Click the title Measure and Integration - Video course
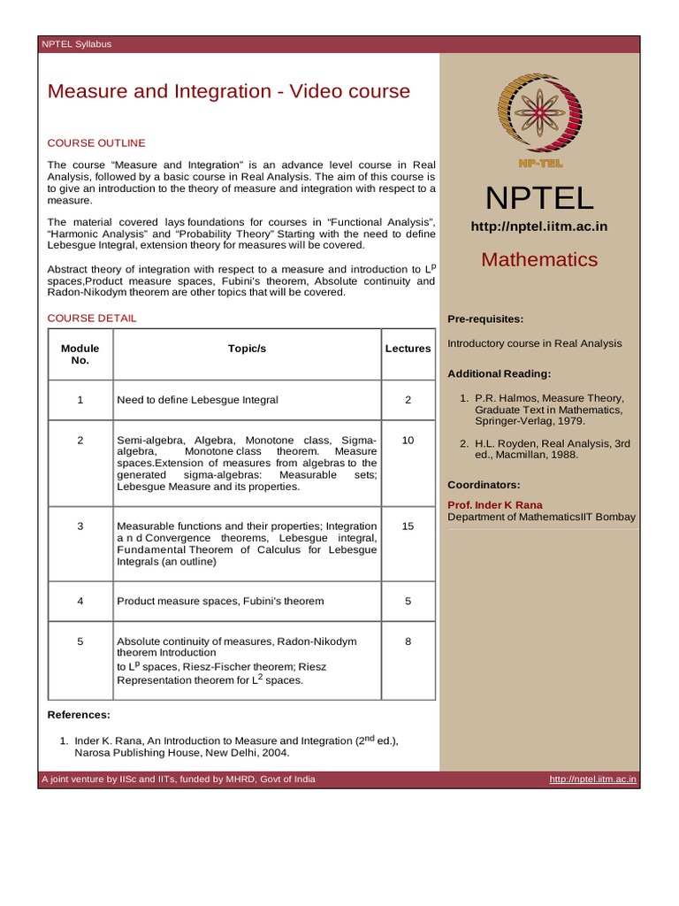click(x=228, y=91)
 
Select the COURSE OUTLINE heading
click(x=96, y=143)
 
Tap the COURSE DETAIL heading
click(x=92, y=319)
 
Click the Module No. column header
click(x=80, y=354)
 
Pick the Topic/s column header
click(x=247, y=349)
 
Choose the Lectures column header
click(x=408, y=349)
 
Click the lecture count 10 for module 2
click(x=408, y=440)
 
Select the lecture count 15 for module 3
click(x=408, y=526)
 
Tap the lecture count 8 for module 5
click(x=408, y=641)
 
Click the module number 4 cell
click(x=80, y=601)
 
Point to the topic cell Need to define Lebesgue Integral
click(x=197, y=400)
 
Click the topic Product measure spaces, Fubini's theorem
click(x=220, y=601)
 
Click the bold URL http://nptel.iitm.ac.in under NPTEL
click(x=539, y=227)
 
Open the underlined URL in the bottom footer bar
click(x=592, y=779)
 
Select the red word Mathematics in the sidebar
click(x=539, y=259)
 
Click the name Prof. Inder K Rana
click(x=495, y=505)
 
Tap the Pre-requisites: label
click(x=485, y=319)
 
